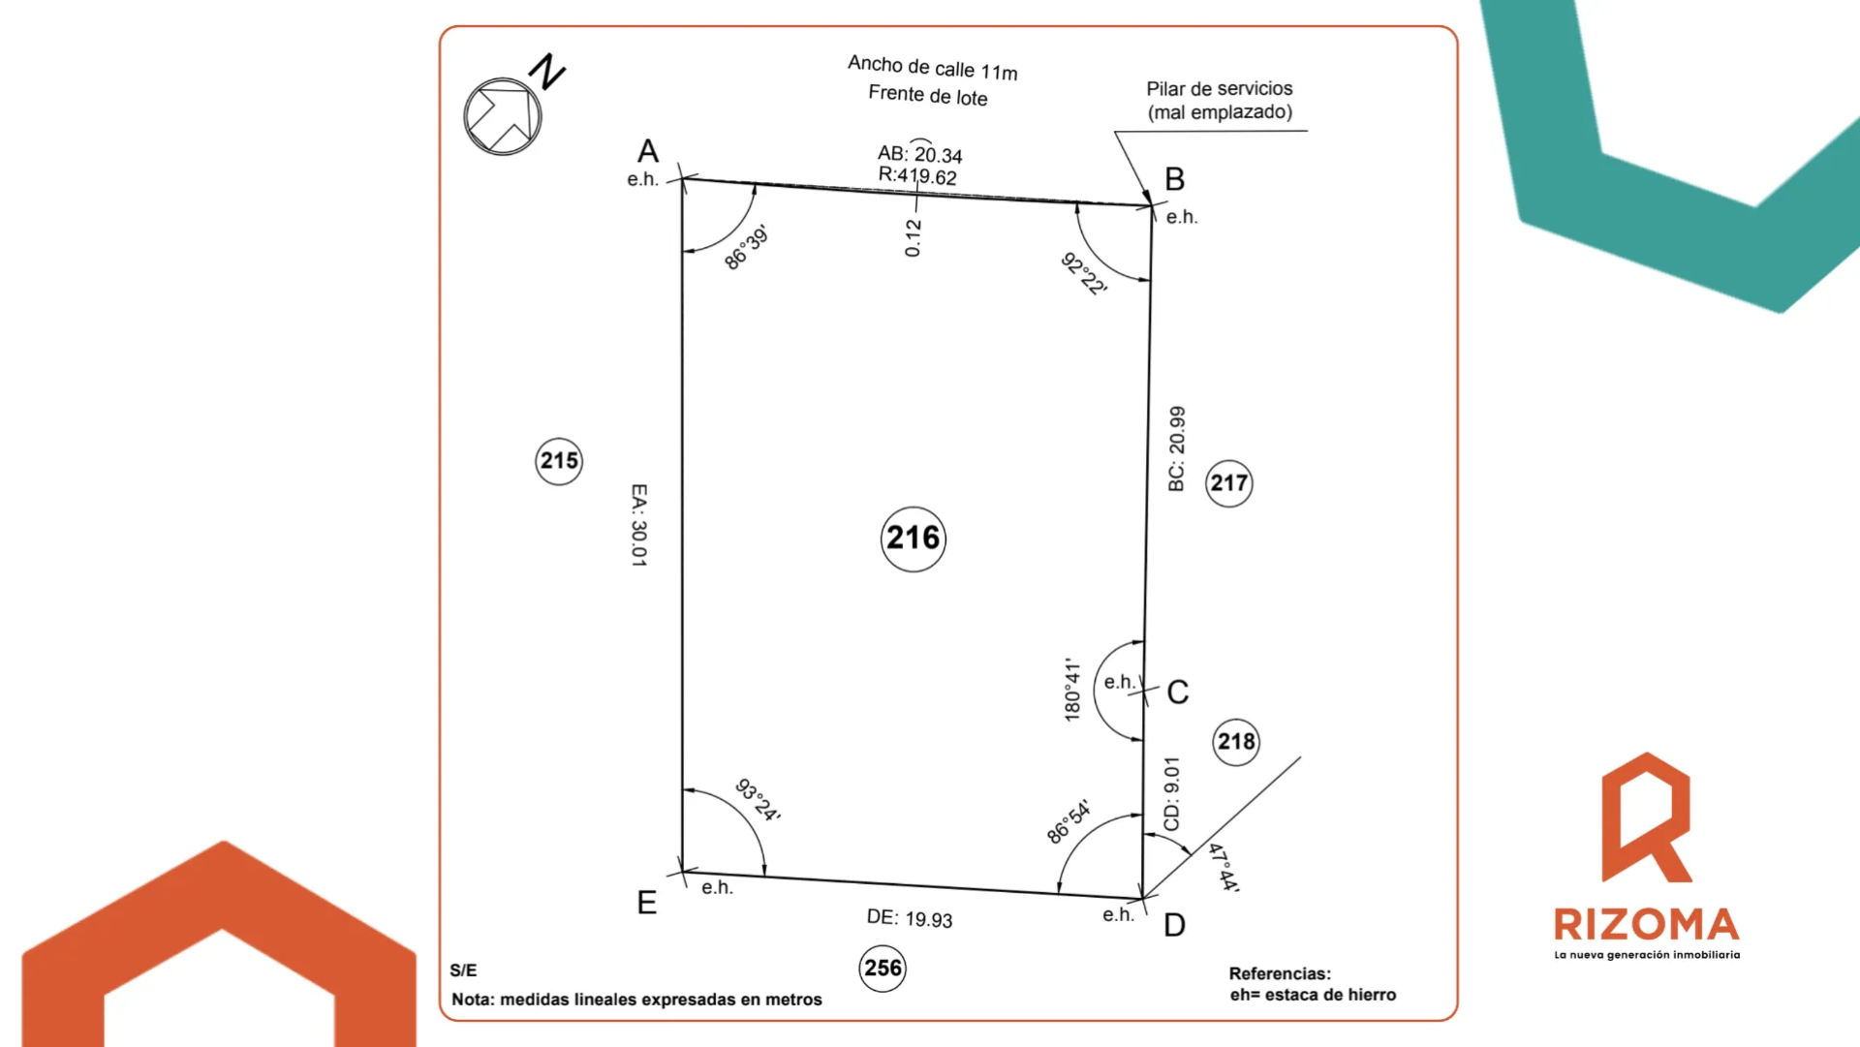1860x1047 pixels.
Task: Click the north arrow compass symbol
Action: [x=503, y=116]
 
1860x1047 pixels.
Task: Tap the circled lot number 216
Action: [x=914, y=539]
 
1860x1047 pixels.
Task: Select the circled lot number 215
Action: [x=559, y=461]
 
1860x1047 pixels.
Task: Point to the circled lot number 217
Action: [x=1229, y=483]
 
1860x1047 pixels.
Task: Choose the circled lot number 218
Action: [x=1236, y=742]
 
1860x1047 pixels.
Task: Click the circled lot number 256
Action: [x=883, y=969]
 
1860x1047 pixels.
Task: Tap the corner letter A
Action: [x=648, y=151]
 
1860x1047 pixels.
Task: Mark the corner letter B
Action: [x=1174, y=179]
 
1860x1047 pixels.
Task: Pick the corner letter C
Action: [x=1178, y=693]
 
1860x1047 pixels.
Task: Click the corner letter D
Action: [x=1174, y=926]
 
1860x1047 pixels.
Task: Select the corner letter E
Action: [x=647, y=903]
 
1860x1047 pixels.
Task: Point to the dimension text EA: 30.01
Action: [x=639, y=525]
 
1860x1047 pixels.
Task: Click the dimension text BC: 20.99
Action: [x=1177, y=448]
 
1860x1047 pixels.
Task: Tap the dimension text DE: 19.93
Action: [x=910, y=918]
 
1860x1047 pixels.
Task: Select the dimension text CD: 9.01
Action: [x=1172, y=794]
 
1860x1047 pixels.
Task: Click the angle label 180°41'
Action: [x=1072, y=690]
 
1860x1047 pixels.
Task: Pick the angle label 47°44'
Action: [x=1224, y=867]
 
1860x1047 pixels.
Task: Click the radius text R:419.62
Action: [x=917, y=175]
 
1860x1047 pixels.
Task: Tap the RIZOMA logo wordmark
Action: [x=1647, y=924]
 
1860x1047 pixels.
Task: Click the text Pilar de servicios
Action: [x=1220, y=88]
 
